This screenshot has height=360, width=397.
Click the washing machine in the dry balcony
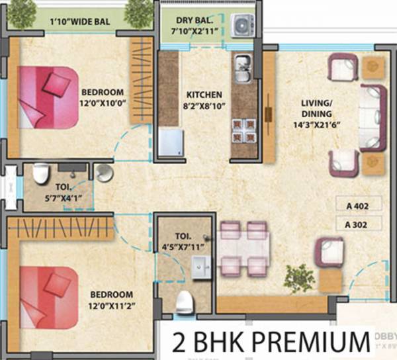coord(243,24)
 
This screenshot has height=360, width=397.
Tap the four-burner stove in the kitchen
coord(240,130)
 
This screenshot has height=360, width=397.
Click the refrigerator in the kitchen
coord(171,144)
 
